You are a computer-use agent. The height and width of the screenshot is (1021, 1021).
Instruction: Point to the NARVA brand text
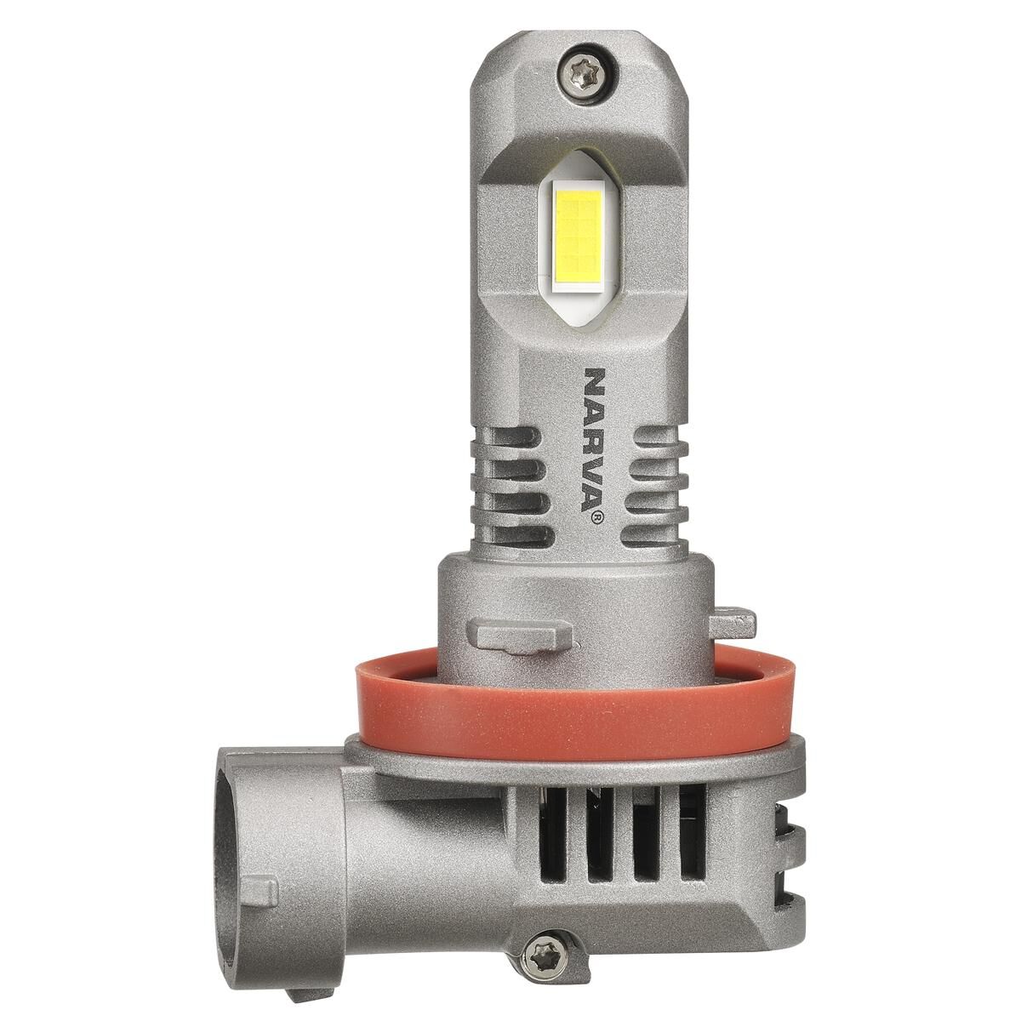(593, 438)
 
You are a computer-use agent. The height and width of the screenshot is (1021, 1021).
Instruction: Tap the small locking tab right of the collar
(733, 625)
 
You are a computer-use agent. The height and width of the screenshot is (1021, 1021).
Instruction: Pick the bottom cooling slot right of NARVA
(657, 535)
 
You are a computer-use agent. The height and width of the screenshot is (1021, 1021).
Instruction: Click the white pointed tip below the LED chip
(580, 320)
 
